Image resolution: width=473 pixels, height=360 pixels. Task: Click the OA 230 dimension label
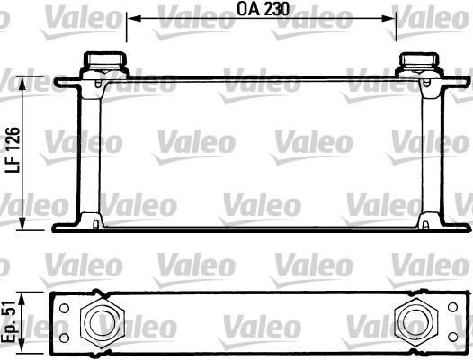coord(263,9)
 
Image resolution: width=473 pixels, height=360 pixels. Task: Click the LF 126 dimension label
coord(13,150)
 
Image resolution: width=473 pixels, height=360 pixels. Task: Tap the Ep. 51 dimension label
coord(8,322)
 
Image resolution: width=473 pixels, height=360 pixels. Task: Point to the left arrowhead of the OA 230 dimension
coord(134,18)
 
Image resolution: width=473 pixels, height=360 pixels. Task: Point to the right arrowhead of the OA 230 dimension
coord(388,18)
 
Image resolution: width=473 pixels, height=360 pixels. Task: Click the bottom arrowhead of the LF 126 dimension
coord(22,223)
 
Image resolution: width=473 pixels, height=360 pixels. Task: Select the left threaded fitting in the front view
coord(104,64)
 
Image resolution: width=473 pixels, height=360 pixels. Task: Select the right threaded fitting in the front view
coord(418,64)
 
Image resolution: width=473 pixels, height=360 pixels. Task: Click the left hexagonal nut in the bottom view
coord(103,322)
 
